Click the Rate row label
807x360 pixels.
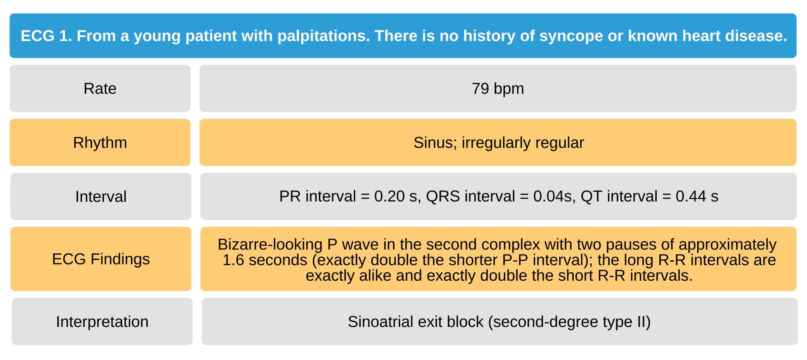(x=100, y=89)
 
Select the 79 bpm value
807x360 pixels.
(x=498, y=89)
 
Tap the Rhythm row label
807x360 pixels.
(x=100, y=142)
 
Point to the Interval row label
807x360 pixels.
(x=101, y=196)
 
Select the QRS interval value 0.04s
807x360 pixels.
(x=554, y=196)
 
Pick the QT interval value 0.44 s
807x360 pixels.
(x=697, y=196)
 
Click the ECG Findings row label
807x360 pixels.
(x=101, y=259)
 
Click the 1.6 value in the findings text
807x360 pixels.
(x=233, y=260)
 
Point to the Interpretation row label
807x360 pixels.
(x=102, y=322)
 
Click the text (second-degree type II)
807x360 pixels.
(x=569, y=322)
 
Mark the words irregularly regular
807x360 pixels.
(x=523, y=143)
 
